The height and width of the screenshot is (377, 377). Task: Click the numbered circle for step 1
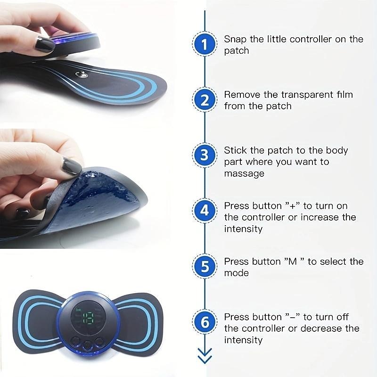click(204, 45)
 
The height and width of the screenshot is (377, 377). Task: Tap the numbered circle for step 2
click(204, 100)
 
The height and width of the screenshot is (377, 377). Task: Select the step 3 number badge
click(204, 156)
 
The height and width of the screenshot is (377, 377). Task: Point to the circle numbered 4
click(204, 211)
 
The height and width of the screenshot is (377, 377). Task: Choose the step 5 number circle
click(204, 267)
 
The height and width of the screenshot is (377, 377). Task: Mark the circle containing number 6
click(204, 322)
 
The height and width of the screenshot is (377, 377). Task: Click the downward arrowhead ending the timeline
click(205, 357)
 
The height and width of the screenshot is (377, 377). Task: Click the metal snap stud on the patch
click(83, 74)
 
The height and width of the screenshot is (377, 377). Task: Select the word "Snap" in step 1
click(234, 39)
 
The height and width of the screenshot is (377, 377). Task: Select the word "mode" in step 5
click(236, 273)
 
